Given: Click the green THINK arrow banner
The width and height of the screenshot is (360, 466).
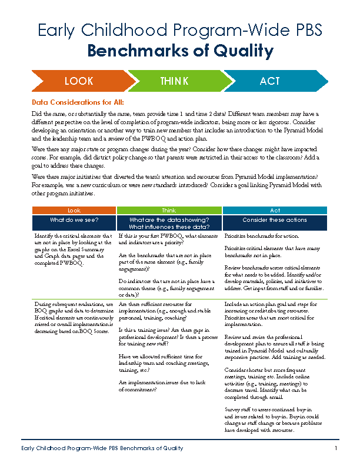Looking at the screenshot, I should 174,81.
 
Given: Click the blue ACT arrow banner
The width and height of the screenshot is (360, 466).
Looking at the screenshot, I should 270,81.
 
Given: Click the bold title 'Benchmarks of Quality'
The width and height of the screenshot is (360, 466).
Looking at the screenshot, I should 180,51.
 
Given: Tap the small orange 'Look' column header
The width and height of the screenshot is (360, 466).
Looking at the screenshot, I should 74,210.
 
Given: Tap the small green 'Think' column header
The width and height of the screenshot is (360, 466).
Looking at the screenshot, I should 169,210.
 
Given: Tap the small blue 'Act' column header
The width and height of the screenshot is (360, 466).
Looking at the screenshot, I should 275,210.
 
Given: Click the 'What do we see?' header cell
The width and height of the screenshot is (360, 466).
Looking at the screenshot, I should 74,220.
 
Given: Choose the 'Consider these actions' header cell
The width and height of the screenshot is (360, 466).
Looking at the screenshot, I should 275,220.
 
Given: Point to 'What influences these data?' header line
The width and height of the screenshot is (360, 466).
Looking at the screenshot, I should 169,227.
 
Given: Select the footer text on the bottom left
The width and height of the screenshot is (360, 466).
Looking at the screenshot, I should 102,448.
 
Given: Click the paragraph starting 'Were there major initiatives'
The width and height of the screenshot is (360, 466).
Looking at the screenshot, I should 176,184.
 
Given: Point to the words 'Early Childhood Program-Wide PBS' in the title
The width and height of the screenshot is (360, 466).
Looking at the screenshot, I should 180,31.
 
